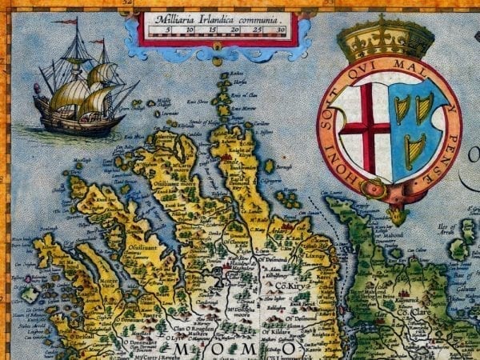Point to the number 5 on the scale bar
click(x=169, y=31)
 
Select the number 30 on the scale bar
click(x=279, y=31)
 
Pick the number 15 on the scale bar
click(x=213, y=31)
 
